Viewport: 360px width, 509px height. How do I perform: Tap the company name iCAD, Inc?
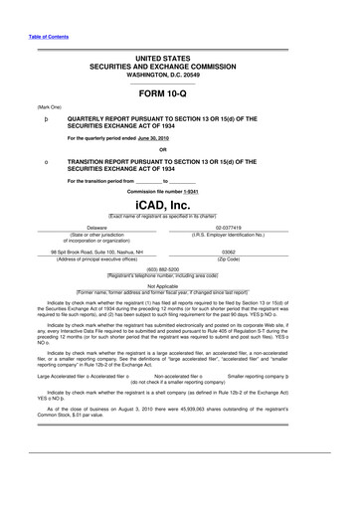[180, 202]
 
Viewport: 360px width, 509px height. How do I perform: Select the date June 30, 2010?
[139, 139]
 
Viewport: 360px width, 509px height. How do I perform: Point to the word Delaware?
[97, 227]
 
